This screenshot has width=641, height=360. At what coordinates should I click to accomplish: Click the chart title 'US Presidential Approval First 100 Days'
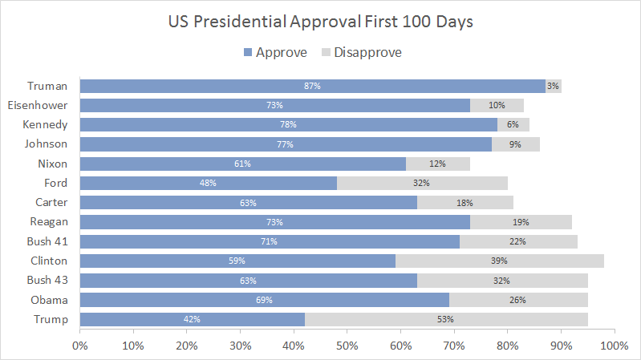(x=320, y=21)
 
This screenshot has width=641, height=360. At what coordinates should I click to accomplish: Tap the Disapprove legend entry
(x=362, y=53)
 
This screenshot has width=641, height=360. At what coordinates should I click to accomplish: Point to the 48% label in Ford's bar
(x=209, y=183)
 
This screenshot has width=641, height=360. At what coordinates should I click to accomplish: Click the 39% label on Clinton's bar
(x=500, y=261)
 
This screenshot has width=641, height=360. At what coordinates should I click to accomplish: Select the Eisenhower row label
(x=37, y=105)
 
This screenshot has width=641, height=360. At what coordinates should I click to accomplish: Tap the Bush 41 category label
(x=46, y=241)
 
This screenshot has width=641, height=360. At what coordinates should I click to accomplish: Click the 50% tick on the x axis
(x=347, y=346)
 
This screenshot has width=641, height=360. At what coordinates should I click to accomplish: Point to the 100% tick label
(x=613, y=346)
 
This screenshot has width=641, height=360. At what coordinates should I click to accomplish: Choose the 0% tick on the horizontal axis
(x=80, y=346)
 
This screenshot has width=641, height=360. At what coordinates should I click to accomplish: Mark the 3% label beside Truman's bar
(x=553, y=86)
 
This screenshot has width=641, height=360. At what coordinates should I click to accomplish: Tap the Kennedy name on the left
(x=47, y=124)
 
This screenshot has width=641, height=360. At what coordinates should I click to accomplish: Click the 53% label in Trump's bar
(x=445, y=319)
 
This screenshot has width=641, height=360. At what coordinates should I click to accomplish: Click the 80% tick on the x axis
(x=507, y=346)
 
